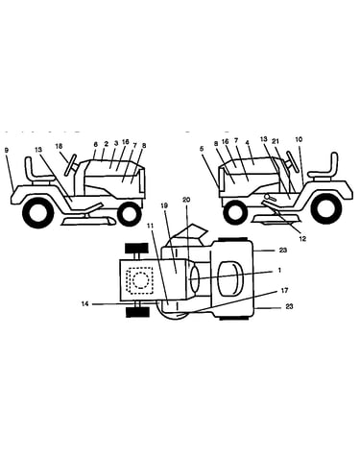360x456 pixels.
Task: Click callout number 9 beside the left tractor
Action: click(x=8, y=150)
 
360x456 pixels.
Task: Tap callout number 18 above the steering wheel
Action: click(x=59, y=147)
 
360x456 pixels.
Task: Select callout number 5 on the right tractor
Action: click(x=202, y=149)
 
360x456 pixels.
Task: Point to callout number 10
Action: click(x=299, y=139)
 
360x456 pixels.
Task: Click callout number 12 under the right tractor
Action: click(x=302, y=238)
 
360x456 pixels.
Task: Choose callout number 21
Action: click(x=276, y=140)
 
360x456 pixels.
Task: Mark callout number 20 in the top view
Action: click(x=186, y=200)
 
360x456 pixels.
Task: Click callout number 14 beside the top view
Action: click(x=84, y=304)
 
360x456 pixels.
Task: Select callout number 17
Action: click(x=284, y=290)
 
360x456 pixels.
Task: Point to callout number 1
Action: click(x=279, y=271)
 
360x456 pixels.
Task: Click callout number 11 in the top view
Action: click(x=151, y=227)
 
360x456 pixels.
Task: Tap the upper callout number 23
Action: click(x=283, y=250)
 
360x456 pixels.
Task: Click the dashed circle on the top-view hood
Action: click(x=139, y=280)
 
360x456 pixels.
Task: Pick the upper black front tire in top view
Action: click(x=136, y=248)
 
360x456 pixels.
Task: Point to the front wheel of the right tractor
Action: click(x=236, y=213)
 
